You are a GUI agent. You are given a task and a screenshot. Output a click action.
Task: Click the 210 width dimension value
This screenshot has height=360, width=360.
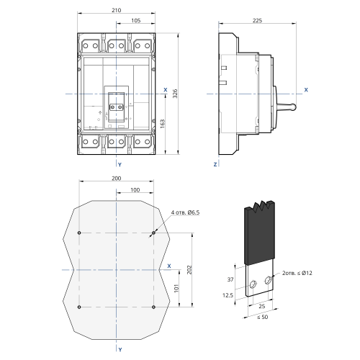117,10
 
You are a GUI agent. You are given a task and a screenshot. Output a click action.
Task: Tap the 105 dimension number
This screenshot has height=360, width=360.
135,21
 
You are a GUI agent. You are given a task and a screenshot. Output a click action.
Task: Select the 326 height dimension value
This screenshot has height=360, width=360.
175,94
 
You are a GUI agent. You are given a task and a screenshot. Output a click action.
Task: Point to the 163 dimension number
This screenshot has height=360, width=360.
163,124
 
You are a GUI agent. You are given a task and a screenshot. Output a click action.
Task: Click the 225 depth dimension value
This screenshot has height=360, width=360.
257,21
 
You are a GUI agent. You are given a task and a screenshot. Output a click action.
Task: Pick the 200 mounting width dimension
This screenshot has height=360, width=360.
117,179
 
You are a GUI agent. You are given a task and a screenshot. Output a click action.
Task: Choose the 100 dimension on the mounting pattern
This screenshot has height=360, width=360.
135,190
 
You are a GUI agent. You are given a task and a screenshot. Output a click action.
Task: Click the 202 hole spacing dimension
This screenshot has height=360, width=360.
189,270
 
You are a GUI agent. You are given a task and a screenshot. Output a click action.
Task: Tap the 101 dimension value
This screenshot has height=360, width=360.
176,288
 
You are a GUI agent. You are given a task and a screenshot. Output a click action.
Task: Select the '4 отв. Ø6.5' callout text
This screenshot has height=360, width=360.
185,212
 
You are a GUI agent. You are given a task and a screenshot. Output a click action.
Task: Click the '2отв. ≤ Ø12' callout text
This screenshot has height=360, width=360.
297,273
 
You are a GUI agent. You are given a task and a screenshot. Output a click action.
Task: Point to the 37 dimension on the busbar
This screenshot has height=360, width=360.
230,279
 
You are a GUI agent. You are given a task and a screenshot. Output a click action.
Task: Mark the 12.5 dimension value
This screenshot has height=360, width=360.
228,295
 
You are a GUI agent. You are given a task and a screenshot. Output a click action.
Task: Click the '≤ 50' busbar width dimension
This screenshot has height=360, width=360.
263,317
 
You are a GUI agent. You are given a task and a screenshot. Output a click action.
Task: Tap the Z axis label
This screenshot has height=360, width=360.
215,165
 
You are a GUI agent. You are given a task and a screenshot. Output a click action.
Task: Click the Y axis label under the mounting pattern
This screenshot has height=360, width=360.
120,350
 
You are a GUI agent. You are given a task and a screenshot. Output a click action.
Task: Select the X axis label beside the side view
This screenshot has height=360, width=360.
306,90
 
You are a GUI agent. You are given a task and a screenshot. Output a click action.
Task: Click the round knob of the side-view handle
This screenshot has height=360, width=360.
293,107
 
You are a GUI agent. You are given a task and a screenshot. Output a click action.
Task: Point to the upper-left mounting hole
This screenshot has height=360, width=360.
79,233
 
